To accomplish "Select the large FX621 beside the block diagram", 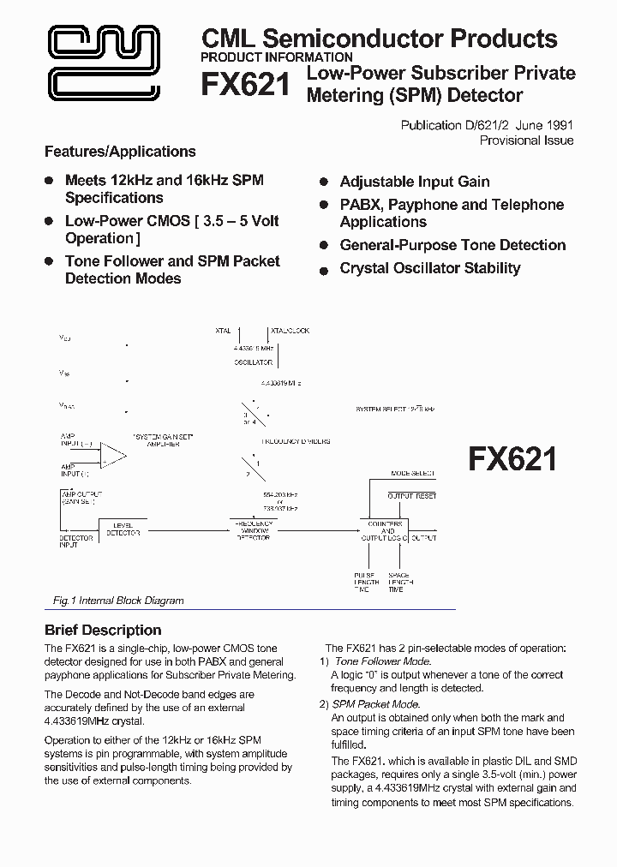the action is (512, 460).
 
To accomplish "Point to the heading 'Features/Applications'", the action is (120, 152).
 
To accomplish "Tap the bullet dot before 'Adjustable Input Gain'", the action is (324, 182).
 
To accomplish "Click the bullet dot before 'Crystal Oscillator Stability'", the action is (324, 270).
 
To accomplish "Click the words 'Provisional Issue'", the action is (526, 141).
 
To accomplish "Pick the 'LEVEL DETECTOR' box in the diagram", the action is (123, 529).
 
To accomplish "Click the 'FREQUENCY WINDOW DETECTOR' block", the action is (252, 529).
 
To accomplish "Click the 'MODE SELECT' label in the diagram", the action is (412, 474).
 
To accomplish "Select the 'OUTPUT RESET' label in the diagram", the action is (412, 496).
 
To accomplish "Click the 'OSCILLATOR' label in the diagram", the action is (253, 362).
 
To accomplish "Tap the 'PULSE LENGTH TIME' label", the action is (366, 583).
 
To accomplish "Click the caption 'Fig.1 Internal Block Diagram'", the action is (114, 601).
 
